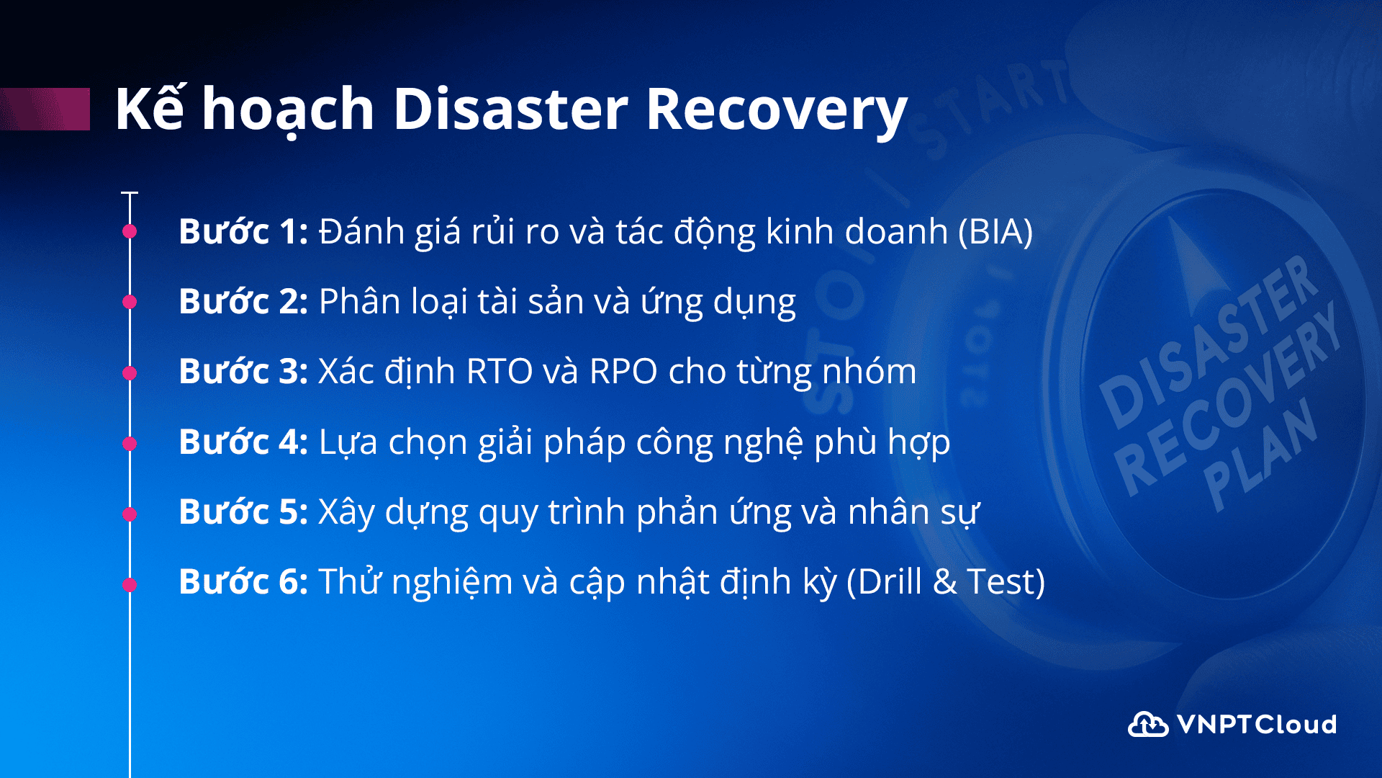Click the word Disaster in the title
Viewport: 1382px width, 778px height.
[x=510, y=109]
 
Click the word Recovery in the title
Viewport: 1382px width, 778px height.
[x=777, y=112]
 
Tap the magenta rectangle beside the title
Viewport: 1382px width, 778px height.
[x=45, y=109]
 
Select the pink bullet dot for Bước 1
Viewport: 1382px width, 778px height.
[x=130, y=231]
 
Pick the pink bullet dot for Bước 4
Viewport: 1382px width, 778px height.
[x=130, y=444]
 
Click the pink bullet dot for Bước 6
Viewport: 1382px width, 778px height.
[x=130, y=585]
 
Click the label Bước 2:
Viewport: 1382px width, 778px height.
[x=243, y=301]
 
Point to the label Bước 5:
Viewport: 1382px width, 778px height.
[x=243, y=511]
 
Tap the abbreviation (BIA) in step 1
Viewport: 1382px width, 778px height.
[x=995, y=232]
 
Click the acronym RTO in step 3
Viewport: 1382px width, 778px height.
[x=500, y=372]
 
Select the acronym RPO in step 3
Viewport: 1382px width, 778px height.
[x=623, y=372]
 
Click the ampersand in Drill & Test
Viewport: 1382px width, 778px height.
[x=944, y=582]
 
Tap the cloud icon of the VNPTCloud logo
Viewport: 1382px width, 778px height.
[x=1147, y=724]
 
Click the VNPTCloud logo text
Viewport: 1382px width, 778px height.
[x=1257, y=724]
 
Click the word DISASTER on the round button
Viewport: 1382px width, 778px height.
[x=1209, y=341]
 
